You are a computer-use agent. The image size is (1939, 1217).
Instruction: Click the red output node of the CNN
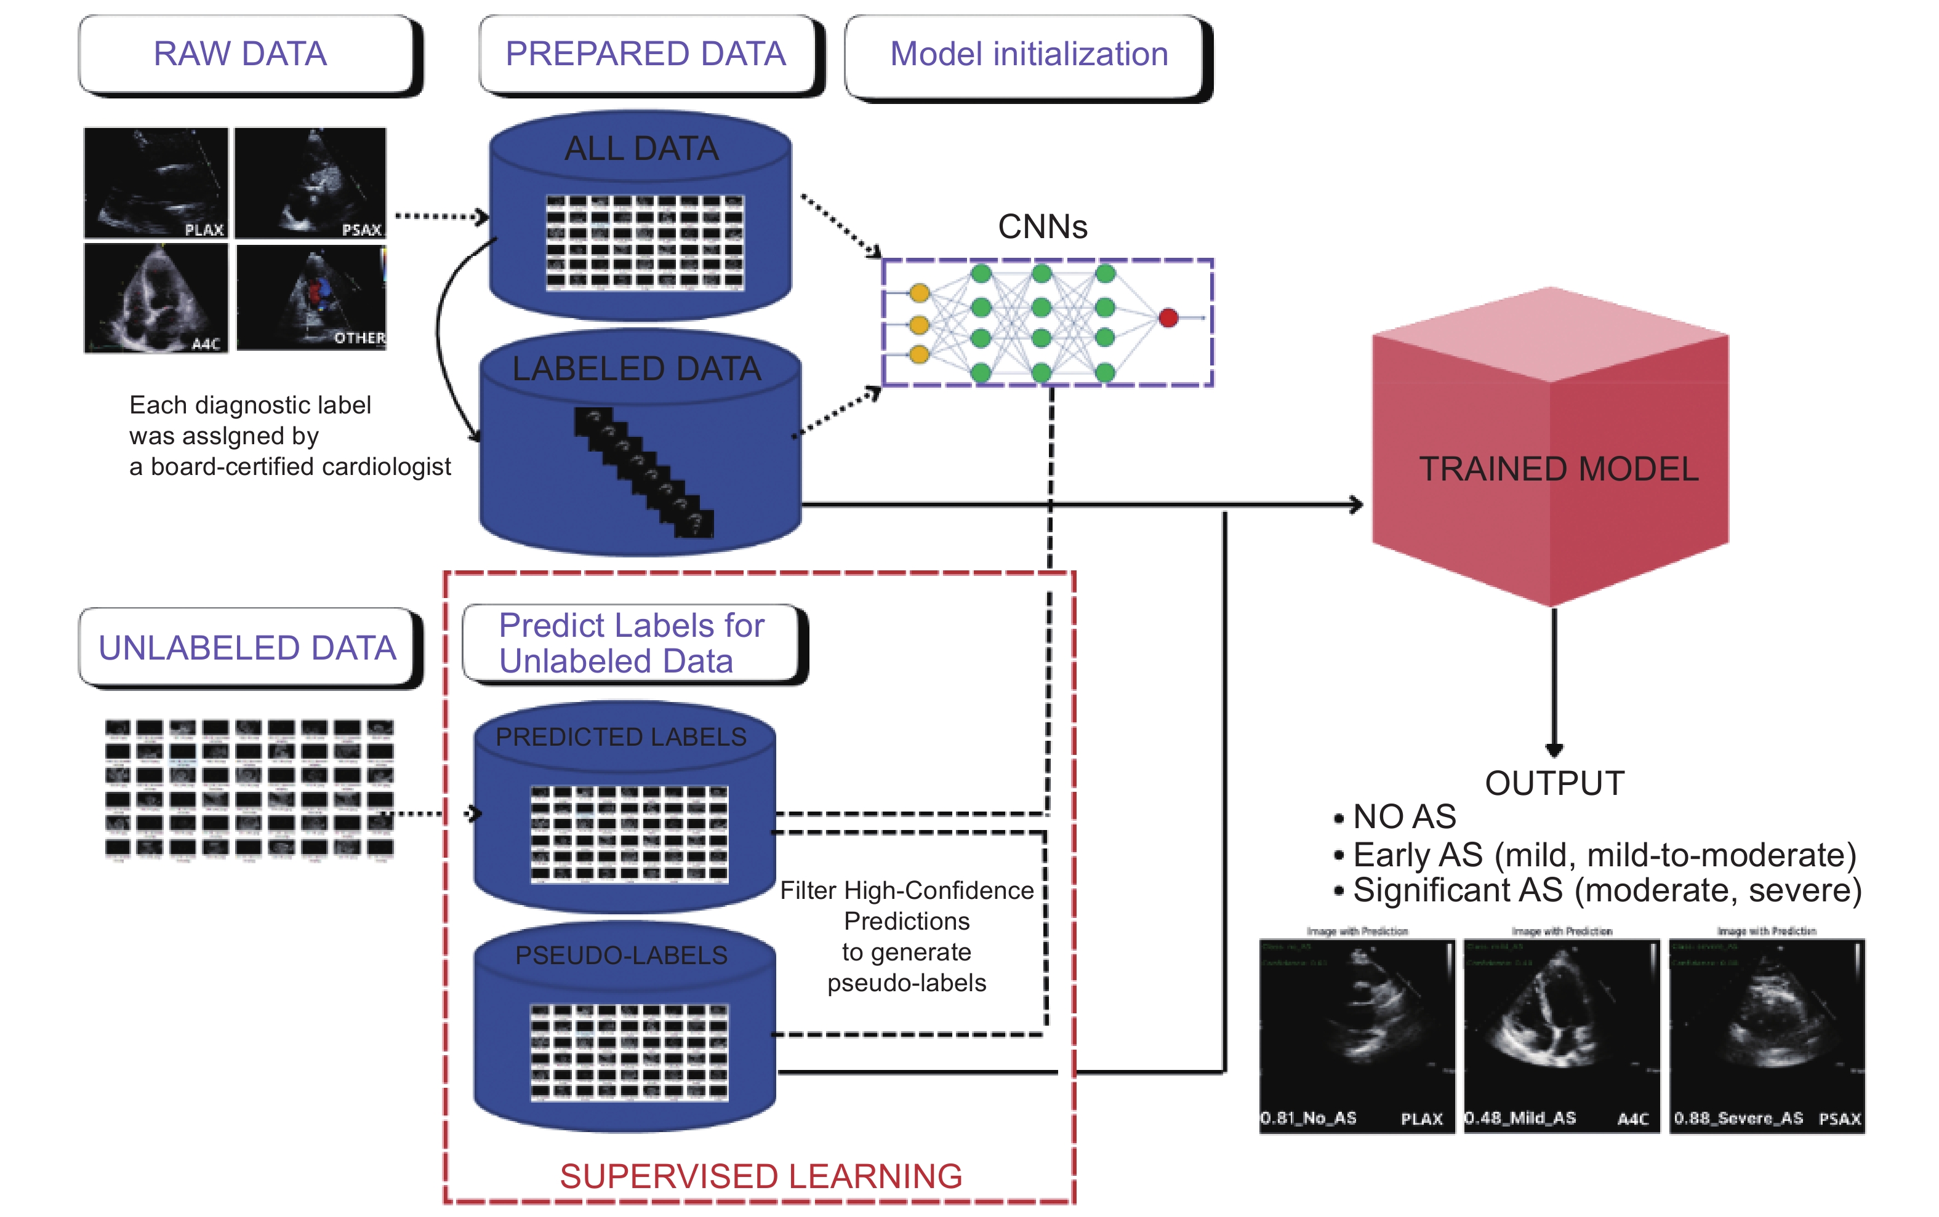(x=1168, y=318)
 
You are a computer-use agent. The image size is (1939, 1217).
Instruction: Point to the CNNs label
(x=1042, y=227)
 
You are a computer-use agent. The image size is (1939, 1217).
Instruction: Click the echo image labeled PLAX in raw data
(x=156, y=183)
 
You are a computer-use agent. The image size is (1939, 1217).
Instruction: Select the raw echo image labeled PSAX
(x=311, y=183)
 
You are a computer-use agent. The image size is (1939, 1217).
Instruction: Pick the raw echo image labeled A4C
(x=156, y=298)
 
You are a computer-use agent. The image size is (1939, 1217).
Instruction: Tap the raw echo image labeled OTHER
(x=311, y=297)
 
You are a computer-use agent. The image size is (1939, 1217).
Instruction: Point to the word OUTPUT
(x=1554, y=783)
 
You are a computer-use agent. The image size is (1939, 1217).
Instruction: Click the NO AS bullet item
(x=1403, y=817)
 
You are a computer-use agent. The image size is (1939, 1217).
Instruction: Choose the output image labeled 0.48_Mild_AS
(x=1561, y=1036)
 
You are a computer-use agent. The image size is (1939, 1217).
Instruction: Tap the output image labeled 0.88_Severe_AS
(x=1767, y=1036)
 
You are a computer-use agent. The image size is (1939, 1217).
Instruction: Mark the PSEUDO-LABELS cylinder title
(x=621, y=956)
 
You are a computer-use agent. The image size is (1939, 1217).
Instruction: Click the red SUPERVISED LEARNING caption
(x=761, y=1176)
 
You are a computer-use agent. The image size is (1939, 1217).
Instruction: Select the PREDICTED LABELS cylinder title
(x=621, y=736)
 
